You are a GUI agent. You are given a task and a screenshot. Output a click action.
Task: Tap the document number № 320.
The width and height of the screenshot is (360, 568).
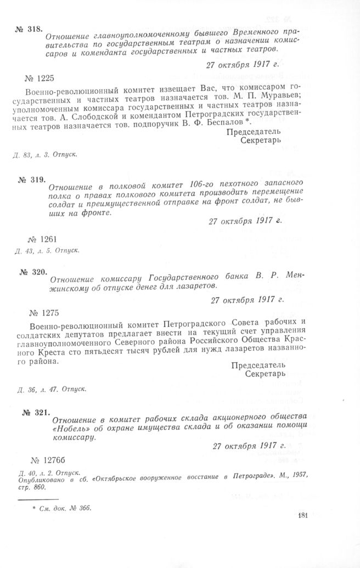point(29,272)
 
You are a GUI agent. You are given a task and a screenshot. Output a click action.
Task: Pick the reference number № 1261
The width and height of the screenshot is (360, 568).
point(41,239)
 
